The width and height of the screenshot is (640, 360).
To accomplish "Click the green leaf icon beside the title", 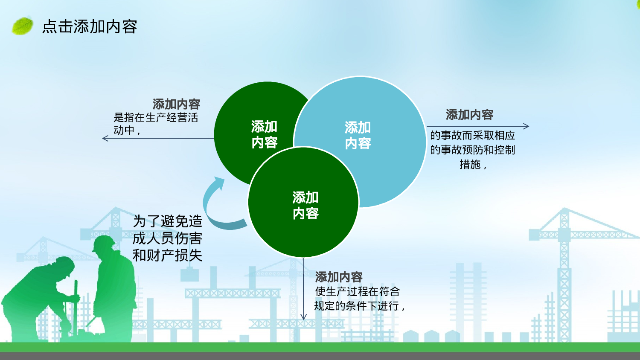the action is [22, 26].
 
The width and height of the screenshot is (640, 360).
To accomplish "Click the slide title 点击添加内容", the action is [90, 26].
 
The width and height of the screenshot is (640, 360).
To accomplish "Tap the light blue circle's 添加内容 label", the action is [358, 136].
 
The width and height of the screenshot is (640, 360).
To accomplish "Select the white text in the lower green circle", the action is [305, 206].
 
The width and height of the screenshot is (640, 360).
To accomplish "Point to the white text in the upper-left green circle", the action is [264, 134].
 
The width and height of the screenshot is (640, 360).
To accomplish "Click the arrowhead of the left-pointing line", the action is [105, 138].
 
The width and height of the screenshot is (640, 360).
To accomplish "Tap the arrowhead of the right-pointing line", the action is [526, 126].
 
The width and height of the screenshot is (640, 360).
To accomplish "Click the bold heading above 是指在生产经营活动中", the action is [176, 104].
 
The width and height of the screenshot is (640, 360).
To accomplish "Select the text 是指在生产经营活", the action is [156, 117].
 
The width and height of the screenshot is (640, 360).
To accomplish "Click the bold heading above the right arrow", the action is [469, 115].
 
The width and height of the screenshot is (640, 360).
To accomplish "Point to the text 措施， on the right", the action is [473, 164].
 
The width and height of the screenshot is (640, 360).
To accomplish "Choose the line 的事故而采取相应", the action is [473, 136].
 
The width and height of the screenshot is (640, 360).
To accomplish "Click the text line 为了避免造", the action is [167, 221].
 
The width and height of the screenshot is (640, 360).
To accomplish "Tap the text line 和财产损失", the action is [167, 255].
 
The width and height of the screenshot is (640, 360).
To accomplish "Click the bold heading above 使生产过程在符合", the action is [339, 277].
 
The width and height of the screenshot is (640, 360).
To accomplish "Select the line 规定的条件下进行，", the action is [359, 306].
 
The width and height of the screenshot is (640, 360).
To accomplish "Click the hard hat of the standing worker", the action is [103, 243].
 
